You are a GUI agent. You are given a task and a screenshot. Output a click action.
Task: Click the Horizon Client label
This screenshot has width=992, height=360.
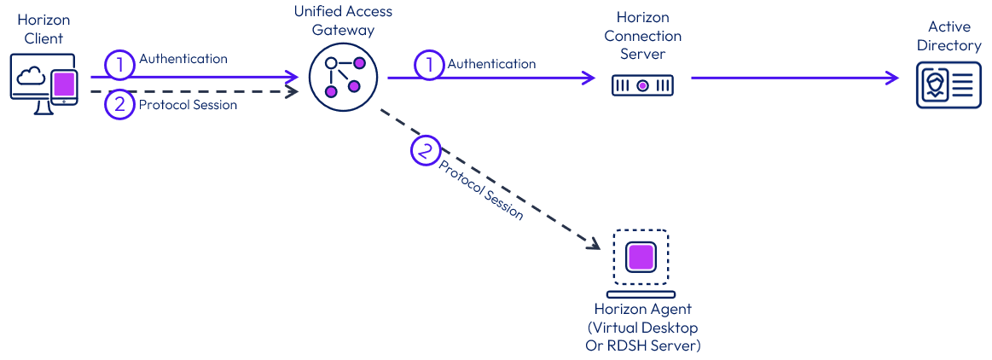(x=43, y=29)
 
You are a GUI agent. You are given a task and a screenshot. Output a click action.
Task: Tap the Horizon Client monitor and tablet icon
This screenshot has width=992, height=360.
(x=44, y=82)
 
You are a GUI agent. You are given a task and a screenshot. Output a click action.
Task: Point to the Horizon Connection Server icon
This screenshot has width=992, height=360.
(x=642, y=85)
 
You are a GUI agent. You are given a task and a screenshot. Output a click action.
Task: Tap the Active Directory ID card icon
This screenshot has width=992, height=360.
(x=944, y=87)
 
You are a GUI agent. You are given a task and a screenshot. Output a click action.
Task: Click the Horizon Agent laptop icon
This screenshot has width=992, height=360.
(x=642, y=259)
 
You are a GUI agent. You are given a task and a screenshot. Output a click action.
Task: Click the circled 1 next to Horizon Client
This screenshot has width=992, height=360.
(x=120, y=62)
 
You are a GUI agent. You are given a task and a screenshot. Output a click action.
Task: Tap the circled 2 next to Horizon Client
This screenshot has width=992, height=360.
(x=120, y=104)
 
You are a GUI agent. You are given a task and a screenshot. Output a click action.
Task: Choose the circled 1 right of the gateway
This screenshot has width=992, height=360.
(x=429, y=65)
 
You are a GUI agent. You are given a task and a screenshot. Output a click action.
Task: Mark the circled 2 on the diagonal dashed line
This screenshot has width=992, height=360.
(x=425, y=152)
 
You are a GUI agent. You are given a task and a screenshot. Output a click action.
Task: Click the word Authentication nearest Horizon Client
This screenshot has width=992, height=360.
(x=183, y=59)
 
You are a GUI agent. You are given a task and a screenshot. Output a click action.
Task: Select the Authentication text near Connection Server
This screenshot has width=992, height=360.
(x=492, y=64)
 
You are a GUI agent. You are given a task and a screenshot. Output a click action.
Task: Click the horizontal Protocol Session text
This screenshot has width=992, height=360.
(x=188, y=105)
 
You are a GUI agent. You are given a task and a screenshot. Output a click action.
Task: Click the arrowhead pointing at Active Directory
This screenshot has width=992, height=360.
(x=892, y=78)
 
